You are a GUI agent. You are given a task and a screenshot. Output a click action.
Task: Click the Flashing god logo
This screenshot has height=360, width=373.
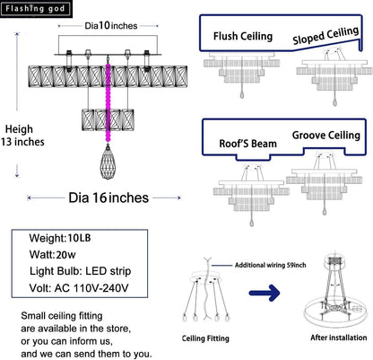36,9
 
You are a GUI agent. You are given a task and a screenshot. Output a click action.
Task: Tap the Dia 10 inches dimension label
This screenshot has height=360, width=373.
111,26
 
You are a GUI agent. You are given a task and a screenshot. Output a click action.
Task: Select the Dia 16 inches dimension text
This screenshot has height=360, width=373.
108,198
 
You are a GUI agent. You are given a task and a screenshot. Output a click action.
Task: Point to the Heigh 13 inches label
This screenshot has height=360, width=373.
22,136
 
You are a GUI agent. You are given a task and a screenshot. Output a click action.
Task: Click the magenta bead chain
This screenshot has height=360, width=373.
108,102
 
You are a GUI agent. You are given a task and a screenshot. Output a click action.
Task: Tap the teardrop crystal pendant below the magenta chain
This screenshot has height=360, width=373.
108,162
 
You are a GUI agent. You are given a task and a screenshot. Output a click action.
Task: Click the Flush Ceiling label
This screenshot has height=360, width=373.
243,37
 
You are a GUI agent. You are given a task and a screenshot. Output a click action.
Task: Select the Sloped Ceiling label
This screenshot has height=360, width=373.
325,36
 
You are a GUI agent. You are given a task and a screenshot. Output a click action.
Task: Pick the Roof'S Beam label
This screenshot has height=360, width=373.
248,144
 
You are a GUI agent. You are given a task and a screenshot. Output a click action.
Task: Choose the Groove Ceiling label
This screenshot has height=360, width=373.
326,136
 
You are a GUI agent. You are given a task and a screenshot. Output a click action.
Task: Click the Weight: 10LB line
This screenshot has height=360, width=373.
60,238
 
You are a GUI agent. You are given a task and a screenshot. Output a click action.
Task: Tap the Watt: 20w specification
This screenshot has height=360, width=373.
52,255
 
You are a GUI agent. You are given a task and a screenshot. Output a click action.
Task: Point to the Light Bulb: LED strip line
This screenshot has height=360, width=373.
80,271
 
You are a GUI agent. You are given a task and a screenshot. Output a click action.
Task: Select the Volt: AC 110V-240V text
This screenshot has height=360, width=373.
79,288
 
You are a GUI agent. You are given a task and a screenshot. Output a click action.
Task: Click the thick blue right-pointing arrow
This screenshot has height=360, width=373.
265,293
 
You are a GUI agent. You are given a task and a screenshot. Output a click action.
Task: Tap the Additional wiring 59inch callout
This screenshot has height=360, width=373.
270,265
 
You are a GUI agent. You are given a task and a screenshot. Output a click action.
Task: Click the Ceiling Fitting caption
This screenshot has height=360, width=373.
205,338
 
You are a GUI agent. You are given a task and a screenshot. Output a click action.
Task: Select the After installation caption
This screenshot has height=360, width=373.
339,338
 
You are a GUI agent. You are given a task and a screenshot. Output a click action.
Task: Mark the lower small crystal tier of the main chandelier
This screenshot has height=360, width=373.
108,120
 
